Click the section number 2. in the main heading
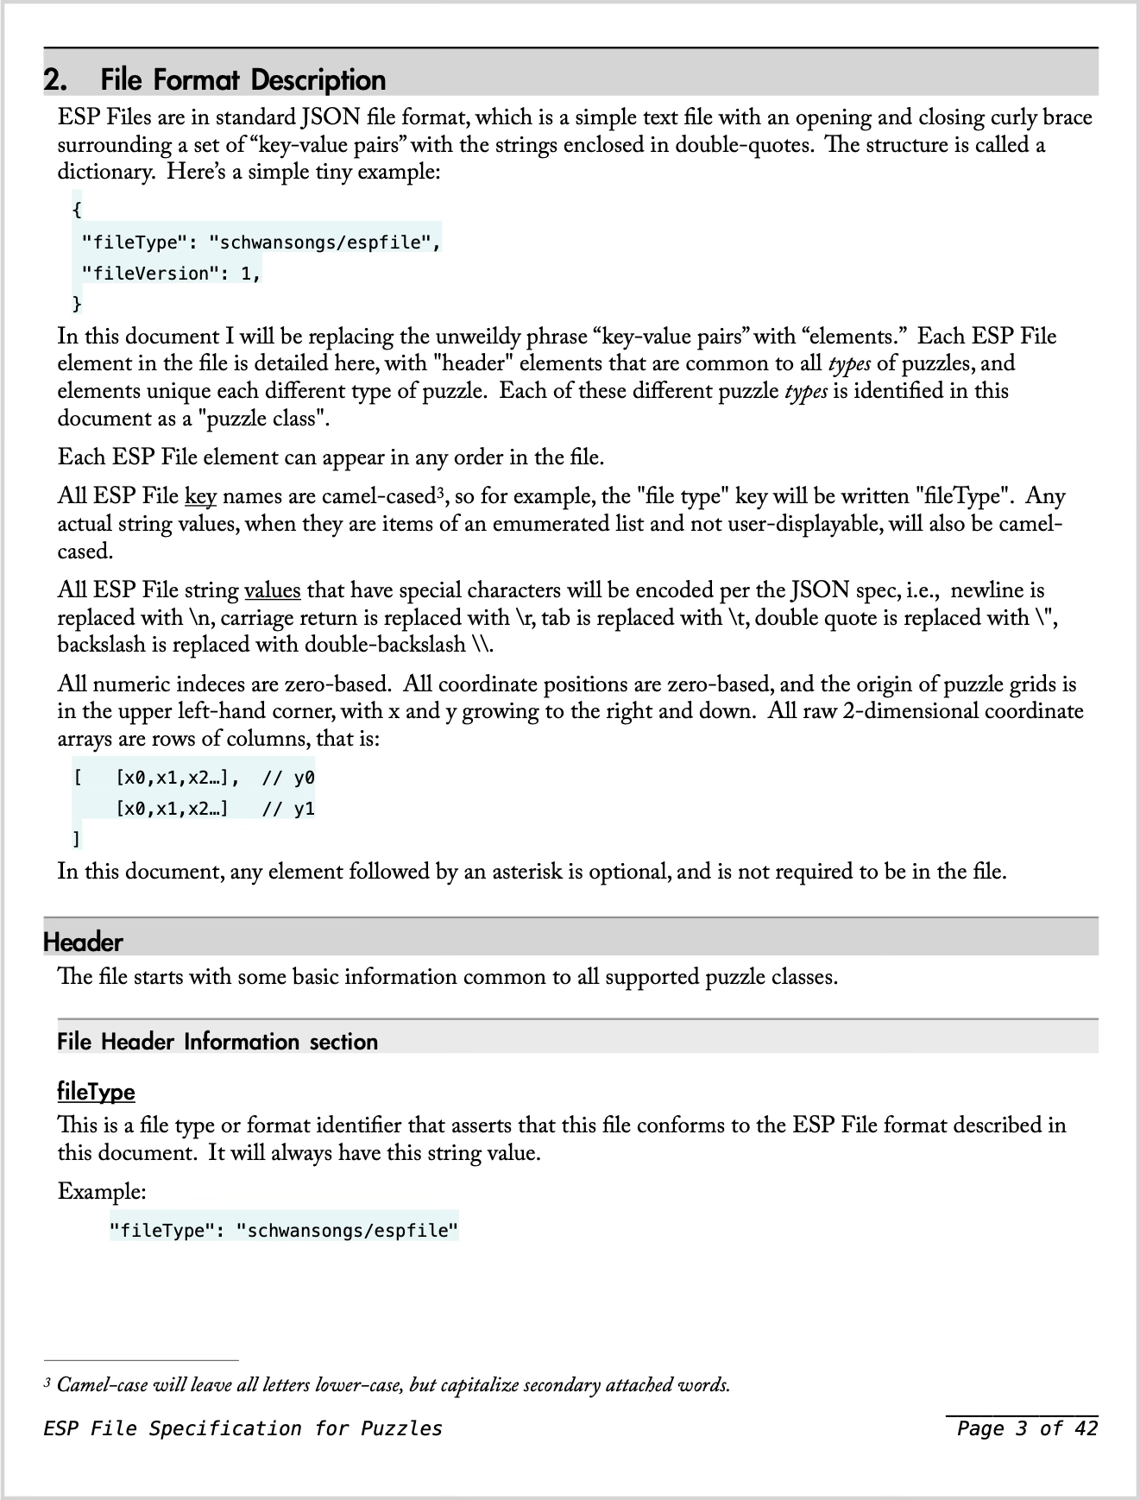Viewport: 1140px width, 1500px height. [x=56, y=80]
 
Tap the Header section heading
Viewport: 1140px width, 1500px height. [x=83, y=942]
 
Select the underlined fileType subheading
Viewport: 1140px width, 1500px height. [x=96, y=1092]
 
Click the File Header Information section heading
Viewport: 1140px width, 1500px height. [x=217, y=1042]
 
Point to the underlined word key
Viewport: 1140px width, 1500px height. [x=200, y=497]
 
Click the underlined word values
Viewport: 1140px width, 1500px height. [x=273, y=590]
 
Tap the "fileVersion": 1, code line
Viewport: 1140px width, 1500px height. [x=171, y=274]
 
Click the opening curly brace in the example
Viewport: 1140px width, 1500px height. [x=77, y=209]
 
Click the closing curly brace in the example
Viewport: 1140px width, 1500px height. [x=77, y=303]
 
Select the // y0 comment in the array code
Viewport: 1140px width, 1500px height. [x=288, y=778]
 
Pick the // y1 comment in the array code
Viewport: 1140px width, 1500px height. [x=288, y=809]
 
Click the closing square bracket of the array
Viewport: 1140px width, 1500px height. [x=77, y=838]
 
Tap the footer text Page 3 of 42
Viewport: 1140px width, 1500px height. [x=1026, y=1428]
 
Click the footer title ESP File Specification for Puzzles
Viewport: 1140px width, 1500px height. [x=242, y=1428]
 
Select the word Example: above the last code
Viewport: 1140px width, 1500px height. [x=102, y=1192]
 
